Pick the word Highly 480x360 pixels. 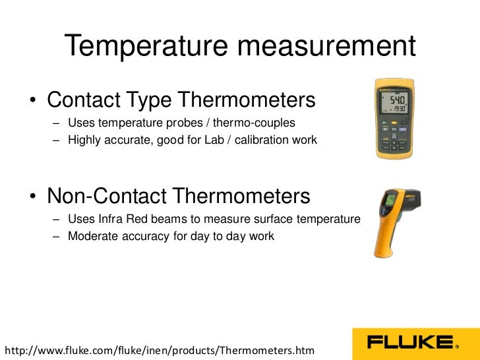pos(85,140)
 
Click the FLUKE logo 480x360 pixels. pos(412,343)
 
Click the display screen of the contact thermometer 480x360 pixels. pos(392,102)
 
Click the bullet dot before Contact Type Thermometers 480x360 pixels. pos(32,102)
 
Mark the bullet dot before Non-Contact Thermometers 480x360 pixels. pos(32,197)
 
